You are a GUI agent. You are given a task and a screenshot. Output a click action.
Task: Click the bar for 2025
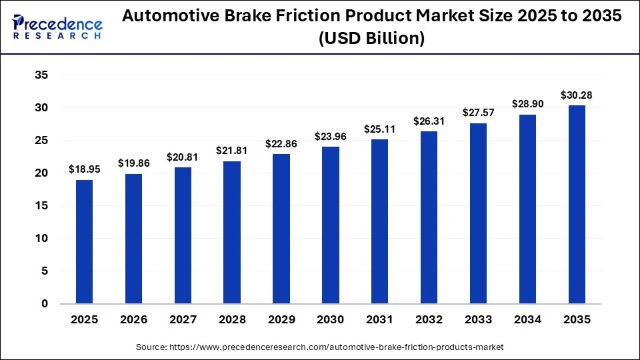coord(84,241)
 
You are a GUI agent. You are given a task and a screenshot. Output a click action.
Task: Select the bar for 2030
coord(331,225)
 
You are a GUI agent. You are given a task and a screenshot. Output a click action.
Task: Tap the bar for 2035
coord(577,205)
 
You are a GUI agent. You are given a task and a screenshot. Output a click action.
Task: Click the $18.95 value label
coord(84,169)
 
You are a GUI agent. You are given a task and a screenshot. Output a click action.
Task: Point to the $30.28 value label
coord(577,95)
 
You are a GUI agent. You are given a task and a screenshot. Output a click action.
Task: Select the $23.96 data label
coord(331,137)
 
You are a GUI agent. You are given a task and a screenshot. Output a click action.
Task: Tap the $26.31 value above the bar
coord(429,121)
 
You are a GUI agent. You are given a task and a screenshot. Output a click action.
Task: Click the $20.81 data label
coord(183,157)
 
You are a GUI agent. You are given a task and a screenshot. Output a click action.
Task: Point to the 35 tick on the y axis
coord(41,75)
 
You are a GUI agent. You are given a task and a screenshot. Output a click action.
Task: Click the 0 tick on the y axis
coord(45,304)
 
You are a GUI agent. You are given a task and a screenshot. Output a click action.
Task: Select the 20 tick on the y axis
coord(41,173)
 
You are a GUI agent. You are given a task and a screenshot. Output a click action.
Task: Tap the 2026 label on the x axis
coord(133,320)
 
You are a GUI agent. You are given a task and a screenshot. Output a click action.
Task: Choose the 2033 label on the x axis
coord(479,320)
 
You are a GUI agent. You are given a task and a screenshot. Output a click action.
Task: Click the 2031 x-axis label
coord(380,320)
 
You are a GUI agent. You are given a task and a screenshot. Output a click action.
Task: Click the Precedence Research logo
coord(57,26)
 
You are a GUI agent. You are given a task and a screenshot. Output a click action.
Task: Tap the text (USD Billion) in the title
coord(371,39)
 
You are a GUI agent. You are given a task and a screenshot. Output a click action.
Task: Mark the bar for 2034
coord(527,209)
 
